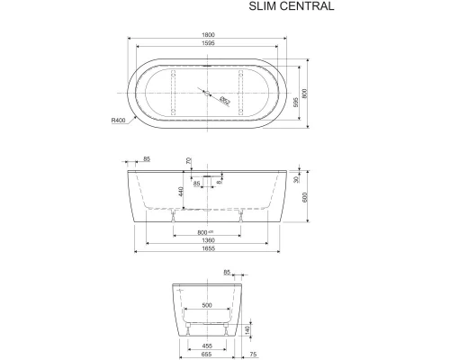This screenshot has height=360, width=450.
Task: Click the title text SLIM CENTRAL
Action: click(291, 8)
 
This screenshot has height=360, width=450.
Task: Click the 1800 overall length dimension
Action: click(208, 36)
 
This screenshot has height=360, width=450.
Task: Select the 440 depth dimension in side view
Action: click(182, 190)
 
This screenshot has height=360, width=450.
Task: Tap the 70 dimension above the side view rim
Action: click(188, 162)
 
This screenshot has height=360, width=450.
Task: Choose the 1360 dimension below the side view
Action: click(208, 240)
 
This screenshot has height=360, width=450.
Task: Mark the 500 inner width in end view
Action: click(207, 306)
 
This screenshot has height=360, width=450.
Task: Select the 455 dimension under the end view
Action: click(207, 346)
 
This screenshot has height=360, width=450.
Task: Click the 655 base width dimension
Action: click(207, 355)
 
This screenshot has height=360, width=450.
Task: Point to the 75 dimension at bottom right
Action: click(255, 355)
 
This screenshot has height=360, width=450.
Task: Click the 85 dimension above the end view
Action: click(227, 270)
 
